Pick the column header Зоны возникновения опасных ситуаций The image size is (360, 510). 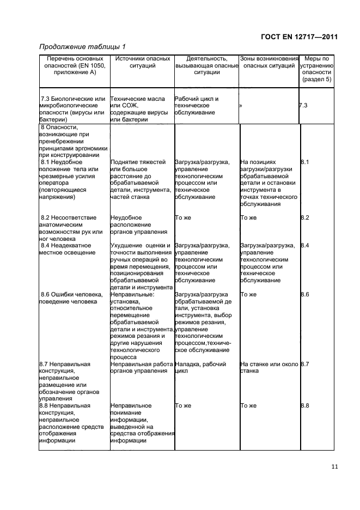click(269, 62)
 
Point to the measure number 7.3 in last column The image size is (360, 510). click(303, 106)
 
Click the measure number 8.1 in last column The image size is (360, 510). click(305, 162)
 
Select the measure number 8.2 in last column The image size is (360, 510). click(305, 218)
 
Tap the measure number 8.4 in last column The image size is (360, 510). click(305, 246)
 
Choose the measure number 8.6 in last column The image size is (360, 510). click(305, 295)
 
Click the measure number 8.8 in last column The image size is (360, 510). click(305, 406)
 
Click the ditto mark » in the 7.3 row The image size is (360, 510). click(240, 106)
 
